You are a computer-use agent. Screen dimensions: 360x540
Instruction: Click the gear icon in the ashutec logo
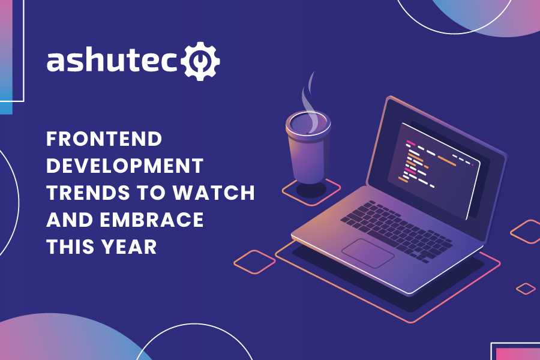200,60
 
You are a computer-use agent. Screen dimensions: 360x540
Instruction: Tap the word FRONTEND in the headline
104,139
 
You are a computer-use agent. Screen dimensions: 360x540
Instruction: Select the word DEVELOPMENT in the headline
125,166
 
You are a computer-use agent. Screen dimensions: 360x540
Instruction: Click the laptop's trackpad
368,253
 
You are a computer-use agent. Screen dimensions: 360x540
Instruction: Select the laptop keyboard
396,228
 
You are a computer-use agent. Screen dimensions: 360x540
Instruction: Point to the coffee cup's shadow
311,190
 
